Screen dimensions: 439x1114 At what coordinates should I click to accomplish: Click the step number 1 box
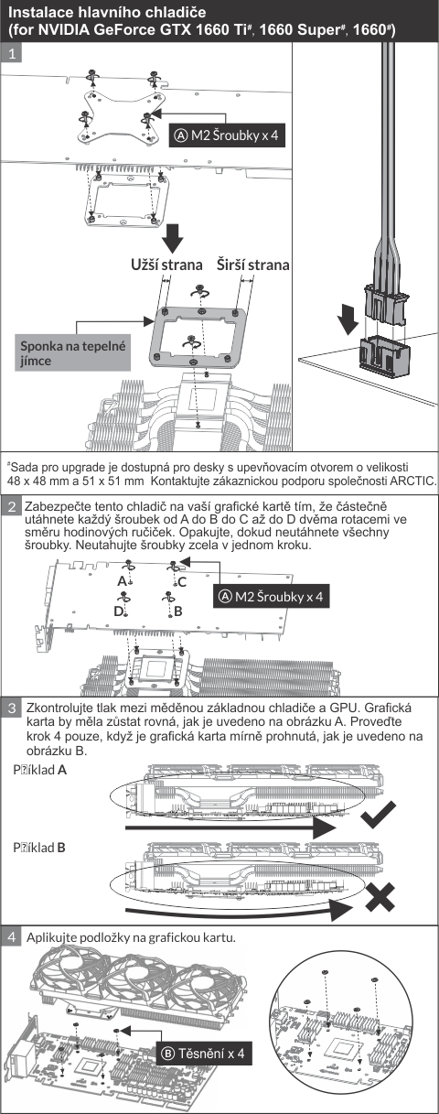[x=12, y=53]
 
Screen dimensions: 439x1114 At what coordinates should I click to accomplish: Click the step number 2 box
[x=12, y=507]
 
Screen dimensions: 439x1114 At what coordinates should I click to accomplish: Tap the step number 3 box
[x=12, y=708]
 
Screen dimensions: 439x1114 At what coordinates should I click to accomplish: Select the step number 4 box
[x=12, y=937]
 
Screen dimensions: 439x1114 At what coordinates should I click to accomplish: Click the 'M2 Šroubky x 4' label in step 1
[x=227, y=135]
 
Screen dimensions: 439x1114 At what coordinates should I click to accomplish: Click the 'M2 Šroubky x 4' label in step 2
[x=272, y=596]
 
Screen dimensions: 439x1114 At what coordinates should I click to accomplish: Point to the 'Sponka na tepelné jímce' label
[x=72, y=353]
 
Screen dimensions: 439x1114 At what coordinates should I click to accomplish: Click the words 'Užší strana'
[x=166, y=265]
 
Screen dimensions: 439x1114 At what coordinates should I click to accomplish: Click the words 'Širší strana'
[x=252, y=265]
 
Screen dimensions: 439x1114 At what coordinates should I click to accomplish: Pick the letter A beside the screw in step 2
[x=123, y=581]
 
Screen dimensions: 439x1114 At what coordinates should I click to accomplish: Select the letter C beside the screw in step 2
[x=182, y=582]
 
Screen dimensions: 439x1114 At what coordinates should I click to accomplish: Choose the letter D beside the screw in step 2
[x=118, y=611]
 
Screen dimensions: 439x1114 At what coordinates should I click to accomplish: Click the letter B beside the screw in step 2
[x=178, y=611]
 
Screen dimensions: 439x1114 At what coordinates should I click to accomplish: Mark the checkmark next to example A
[x=379, y=814]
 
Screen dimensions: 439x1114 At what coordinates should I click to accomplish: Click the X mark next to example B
[x=380, y=897]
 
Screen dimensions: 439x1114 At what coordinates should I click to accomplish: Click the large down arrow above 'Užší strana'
[x=174, y=238]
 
